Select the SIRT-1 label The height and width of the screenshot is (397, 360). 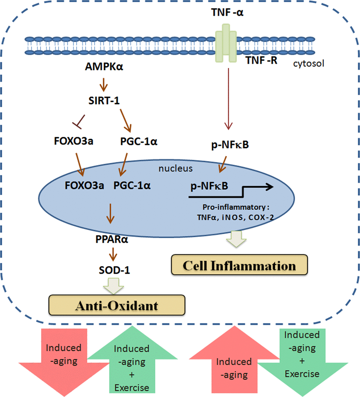(x=103, y=100)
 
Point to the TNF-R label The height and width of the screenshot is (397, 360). (x=262, y=60)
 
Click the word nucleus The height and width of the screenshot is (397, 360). (x=175, y=168)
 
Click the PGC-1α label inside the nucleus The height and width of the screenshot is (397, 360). (x=132, y=185)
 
